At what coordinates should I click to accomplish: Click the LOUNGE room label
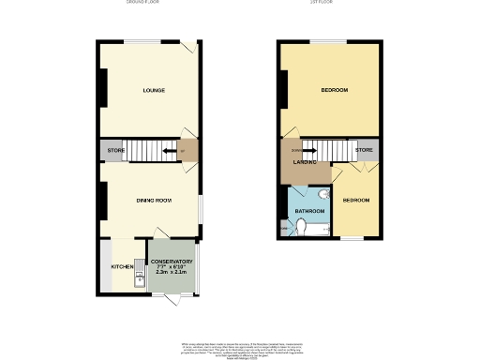[154, 91]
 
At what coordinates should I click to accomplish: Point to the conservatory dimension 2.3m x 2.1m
[172, 274]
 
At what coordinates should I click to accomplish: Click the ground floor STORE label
[115, 149]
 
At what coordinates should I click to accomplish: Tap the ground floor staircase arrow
[170, 149]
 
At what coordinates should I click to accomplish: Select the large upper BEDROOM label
[335, 90]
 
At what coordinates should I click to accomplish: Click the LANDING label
[304, 163]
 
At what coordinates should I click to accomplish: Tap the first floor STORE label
[365, 150]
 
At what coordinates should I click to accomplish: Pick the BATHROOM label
[309, 211]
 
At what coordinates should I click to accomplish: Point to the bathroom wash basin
[321, 195]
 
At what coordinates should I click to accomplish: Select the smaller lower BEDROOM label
[356, 201]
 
